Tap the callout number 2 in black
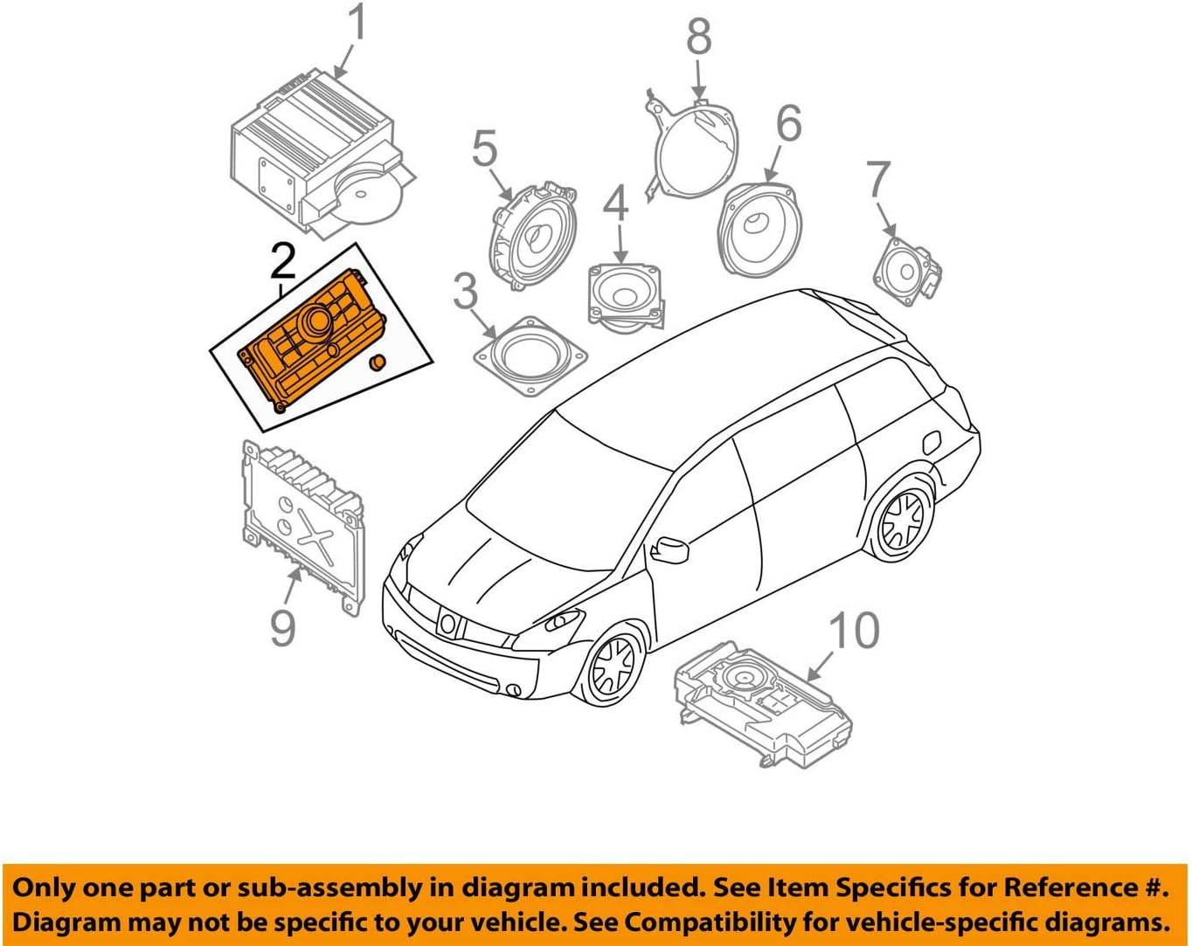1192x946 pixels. click(282, 261)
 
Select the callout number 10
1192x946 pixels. click(853, 631)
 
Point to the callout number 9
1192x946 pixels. click(282, 626)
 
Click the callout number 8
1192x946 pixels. click(699, 37)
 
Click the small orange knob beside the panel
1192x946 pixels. click(378, 363)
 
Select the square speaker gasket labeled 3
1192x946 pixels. click(530, 356)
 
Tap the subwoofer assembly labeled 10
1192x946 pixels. click(762, 704)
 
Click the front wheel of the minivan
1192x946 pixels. click(612, 667)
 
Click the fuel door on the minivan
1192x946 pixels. click(932, 442)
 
